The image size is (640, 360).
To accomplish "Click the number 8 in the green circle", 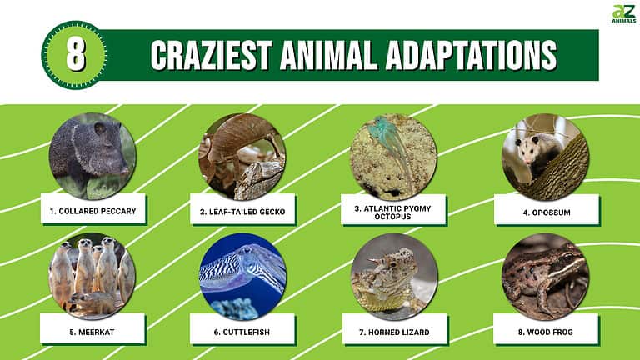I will click(74, 55).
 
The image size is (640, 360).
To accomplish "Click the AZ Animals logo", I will click(623, 14).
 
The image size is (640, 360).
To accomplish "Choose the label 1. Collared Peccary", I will click(93, 211).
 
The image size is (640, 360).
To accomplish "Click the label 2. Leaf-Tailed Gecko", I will click(242, 212).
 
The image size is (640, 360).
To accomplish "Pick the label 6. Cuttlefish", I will click(242, 331).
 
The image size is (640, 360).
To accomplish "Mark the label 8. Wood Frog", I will click(546, 331).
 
